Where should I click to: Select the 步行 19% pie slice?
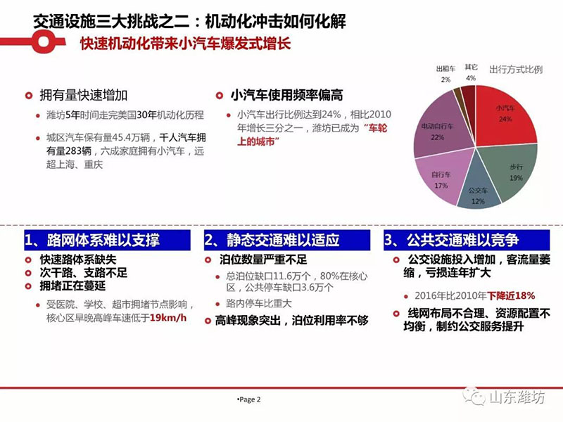pyautogui.click(x=514, y=172)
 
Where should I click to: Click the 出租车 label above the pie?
pyautogui.click(x=445, y=69)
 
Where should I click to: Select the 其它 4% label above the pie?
pyautogui.click(x=471, y=72)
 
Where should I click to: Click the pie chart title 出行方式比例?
pyautogui.click(x=516, y=70)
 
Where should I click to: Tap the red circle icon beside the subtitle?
pyautogui.click(x=44, y=41)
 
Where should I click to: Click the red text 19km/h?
pyautogui.click(x=168, y=318)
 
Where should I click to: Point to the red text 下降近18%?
pyautogui.click(x=511, y=295)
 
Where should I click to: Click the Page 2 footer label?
pyautogui.click(x=249, y=399)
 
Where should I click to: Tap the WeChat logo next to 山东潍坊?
pyautogui.click(x=474, y=396)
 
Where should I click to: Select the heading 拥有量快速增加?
pyautogui.click(x=83, y=95)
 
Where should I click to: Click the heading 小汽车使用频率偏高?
pyautogui.click(x=286, y=95)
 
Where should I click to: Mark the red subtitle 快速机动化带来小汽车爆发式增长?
pyautogui.click(x=185, y=44)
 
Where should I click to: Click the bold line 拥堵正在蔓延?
pyautogui.click(x=73, y=286)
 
